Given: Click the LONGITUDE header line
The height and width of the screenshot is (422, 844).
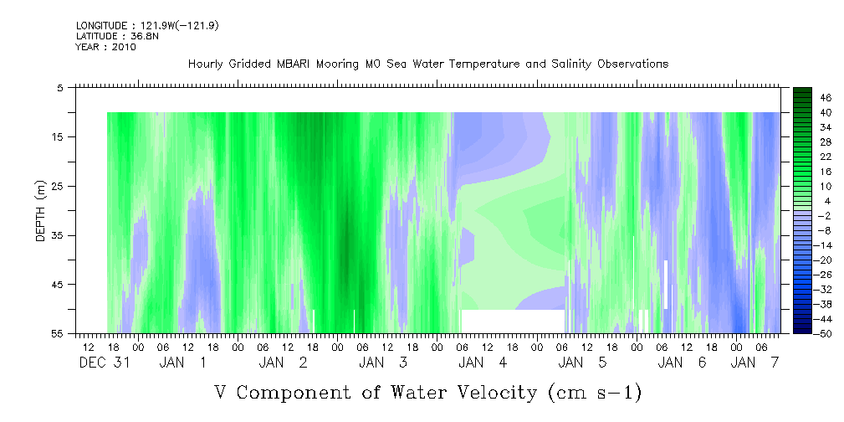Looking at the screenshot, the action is [147, 25].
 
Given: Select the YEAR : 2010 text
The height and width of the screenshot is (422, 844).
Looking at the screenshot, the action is [106, 47].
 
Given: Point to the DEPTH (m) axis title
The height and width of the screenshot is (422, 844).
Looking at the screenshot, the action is [41, 210].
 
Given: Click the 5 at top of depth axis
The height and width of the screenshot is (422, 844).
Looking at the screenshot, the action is [59, 88].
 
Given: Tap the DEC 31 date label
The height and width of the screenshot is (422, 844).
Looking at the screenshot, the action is [105, 363].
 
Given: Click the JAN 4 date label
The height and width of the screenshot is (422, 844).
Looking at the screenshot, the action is [483, 363].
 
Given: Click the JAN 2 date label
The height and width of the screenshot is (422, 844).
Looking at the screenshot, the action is [283, 363].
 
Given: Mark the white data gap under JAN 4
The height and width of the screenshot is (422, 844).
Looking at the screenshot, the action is [513, 322].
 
